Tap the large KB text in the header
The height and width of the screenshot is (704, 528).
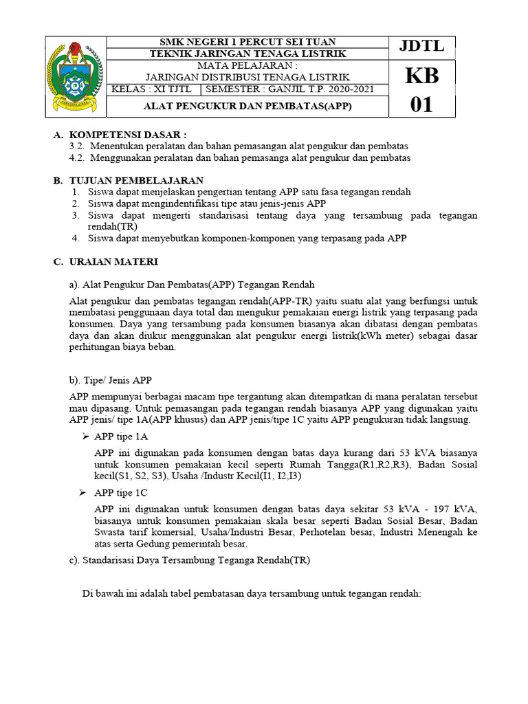point(422,76)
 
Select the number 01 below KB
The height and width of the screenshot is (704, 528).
point(422,105)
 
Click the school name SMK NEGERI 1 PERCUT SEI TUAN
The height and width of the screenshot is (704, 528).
point(248,43)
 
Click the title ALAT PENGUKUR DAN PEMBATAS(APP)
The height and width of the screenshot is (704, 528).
point(248,107)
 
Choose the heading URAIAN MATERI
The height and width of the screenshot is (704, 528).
point(113,262)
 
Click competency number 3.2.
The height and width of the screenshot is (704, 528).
point(77,146)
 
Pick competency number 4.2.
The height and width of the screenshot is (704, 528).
point(77,157)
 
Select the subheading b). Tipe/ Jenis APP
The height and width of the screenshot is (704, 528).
point(111,380)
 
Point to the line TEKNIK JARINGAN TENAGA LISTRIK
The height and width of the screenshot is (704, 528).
point(248,54)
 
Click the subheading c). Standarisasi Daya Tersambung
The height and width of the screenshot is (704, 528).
point(190,560)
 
